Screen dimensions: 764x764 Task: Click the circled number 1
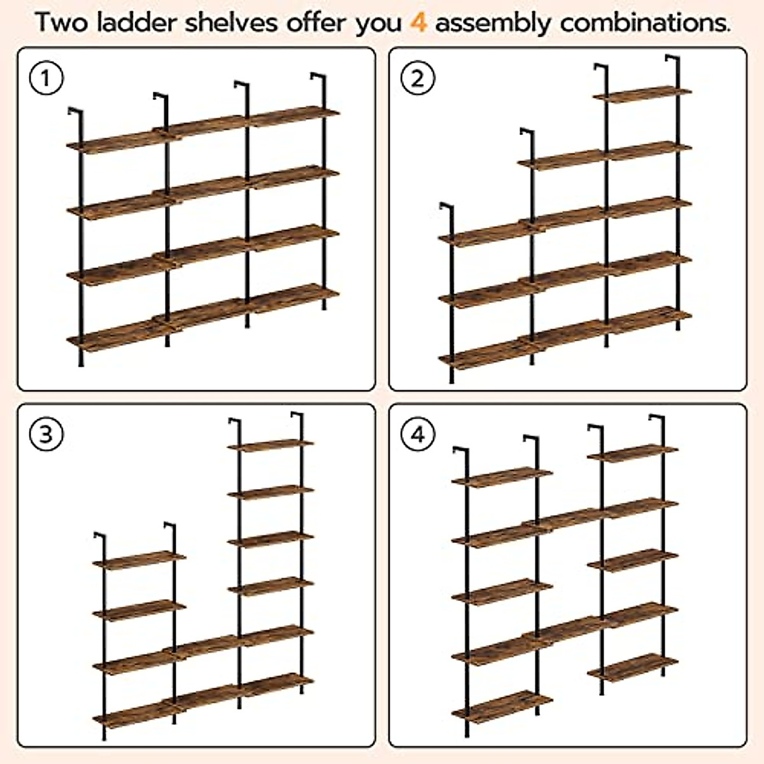[x=46, y=80]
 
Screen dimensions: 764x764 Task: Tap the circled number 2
[x=418, y=79]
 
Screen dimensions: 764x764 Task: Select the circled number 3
[x=46, y=435]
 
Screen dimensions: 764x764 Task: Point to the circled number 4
[x=418, y=435]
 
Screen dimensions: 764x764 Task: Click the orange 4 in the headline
[x=418, y=23]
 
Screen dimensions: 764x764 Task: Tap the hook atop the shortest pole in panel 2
[x=446, y=208]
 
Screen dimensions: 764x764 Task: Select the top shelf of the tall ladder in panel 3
[x=271, y=444]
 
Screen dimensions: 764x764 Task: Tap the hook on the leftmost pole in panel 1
[x=75, y=113]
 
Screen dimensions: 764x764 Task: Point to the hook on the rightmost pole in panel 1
[x=318, y=78]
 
